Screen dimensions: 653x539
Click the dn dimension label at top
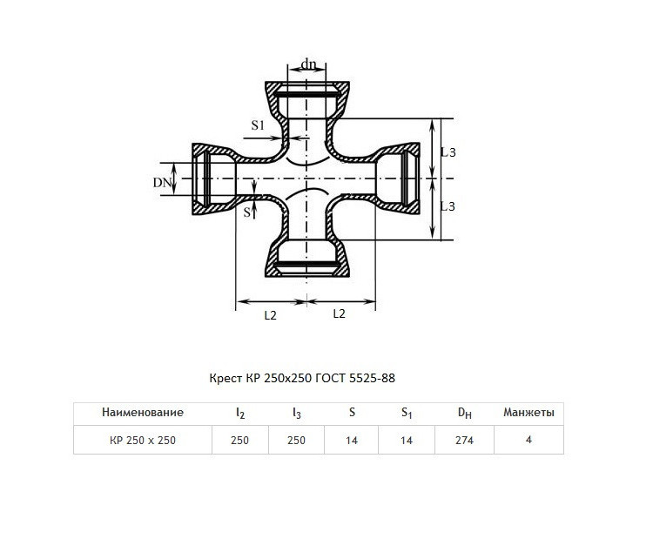(x=308, y=64)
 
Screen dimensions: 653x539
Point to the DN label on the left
(x=162, y=183)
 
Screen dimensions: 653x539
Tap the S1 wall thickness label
(x=258, y=125)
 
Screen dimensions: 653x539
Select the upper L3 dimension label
(x=448, y=152)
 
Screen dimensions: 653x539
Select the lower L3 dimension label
(x=448, y=206)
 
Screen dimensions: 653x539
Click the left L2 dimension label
(x=270, y=316)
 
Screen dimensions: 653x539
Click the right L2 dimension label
(x=340, y=313)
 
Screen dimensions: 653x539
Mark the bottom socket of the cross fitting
(x=307, y=259)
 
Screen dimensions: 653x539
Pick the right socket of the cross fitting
(x=398, y=179)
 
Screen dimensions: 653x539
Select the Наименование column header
(x=143, y=413)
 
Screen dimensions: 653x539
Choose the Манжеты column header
(x=528, y=413)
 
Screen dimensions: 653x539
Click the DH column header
(x=465, y=413)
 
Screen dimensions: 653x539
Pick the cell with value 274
(x=464, y=441)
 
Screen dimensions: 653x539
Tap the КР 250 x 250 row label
(x=143, y=441)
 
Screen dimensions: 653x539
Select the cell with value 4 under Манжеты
(x=528, y=440)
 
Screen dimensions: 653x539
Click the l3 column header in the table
(x=297, y=414)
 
